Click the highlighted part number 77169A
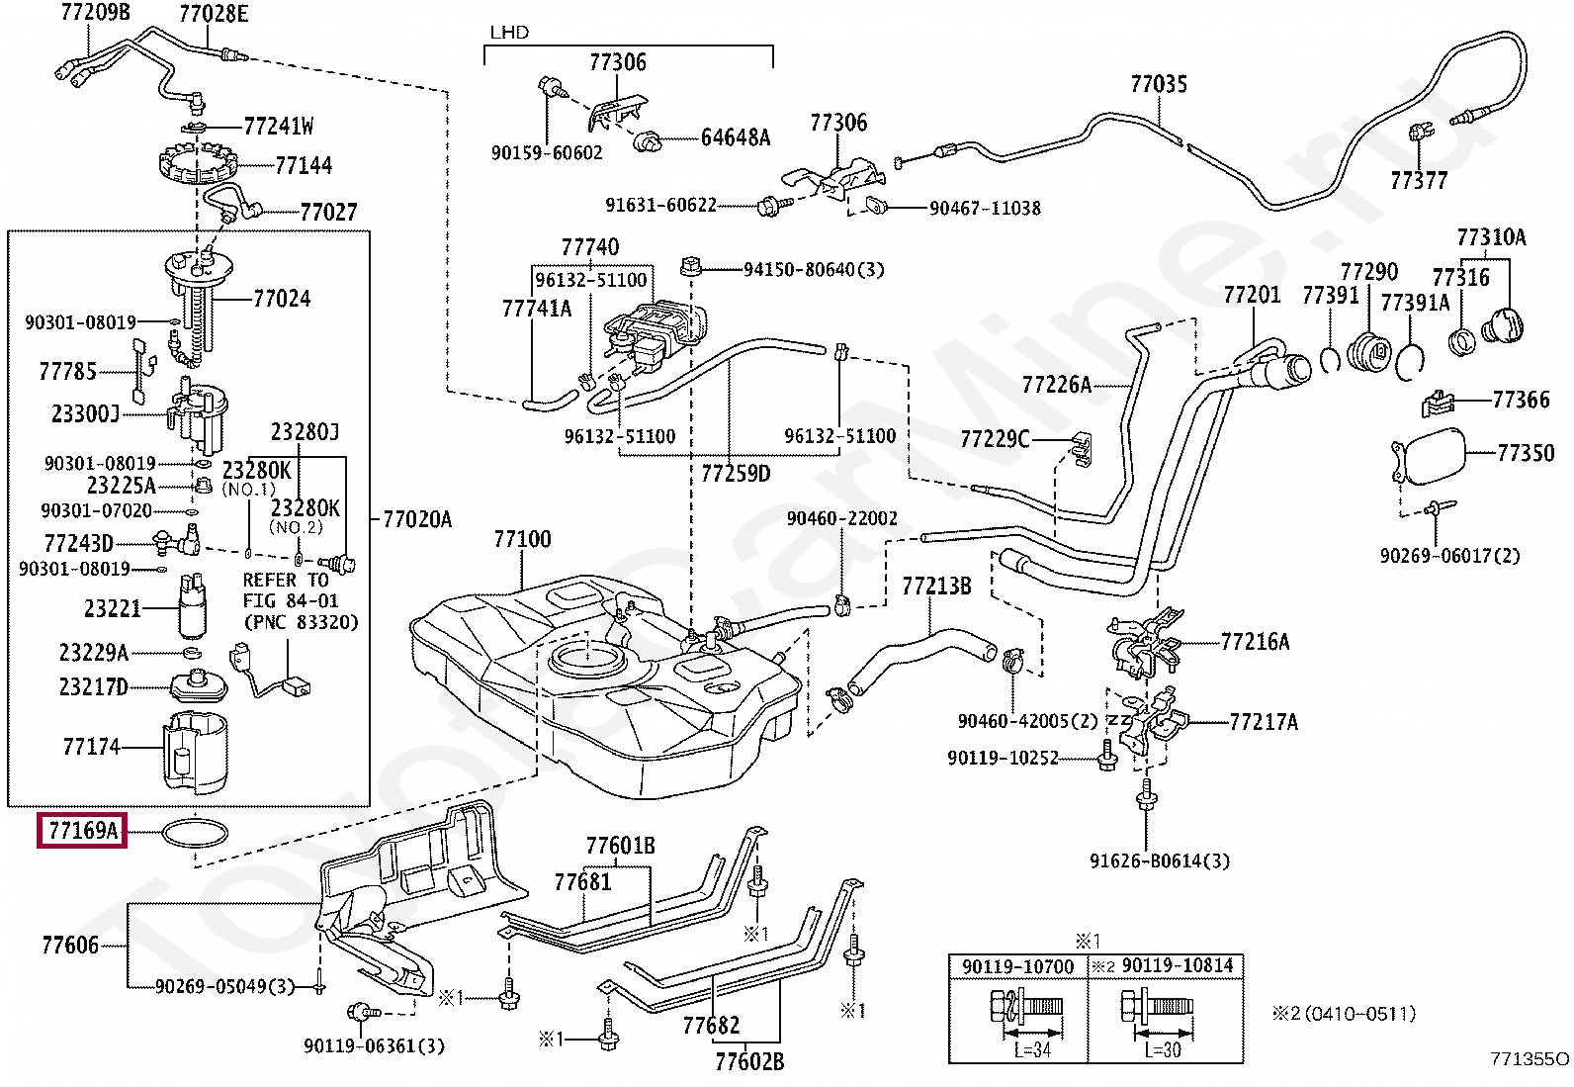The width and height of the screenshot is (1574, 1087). pos(83,830)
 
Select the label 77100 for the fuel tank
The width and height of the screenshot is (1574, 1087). pos(522,540)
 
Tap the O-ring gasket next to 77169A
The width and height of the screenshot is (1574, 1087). pos(195,834)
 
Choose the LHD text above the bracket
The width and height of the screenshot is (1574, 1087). pos(509,33)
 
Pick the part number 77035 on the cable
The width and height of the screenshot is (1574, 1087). pos(1158,84)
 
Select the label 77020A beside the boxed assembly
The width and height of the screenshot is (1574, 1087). pos(416,519)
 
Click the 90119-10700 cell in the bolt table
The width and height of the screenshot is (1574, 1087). pos(1017,966)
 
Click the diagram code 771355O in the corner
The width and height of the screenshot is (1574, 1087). pos(1529,1059)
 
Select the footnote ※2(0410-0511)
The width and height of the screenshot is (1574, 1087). pos(1343,1014)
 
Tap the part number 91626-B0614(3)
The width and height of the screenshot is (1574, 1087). pos(1159,861)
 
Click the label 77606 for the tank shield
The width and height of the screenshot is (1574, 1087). pos(70,946)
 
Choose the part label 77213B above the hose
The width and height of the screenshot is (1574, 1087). pos(935,587)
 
